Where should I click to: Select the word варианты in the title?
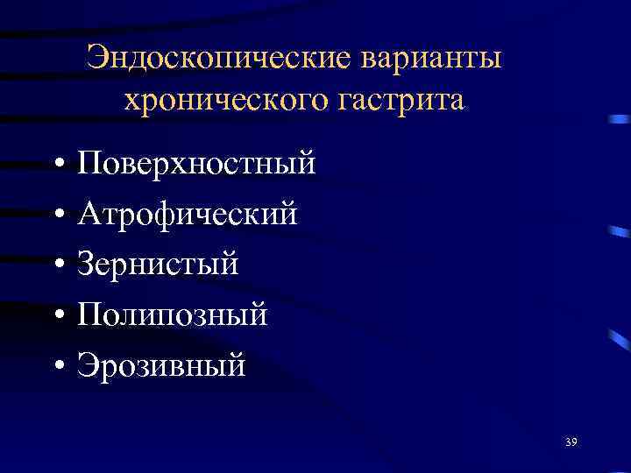pos(436,60)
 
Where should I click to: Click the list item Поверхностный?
pos(195,163)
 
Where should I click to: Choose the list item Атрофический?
pos(187,213)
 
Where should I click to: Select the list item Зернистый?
pos(157,263)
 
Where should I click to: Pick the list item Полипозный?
pos(172,313)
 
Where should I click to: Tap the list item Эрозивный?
pos(161,363)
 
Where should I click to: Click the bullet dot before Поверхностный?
pos(56,164)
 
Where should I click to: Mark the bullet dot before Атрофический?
pos(56,214)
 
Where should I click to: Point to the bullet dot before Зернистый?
pos(56,264)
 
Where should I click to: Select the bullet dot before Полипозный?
pos(56,314)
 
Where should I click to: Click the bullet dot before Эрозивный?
pos(56,364)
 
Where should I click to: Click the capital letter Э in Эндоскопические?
pos(97,59)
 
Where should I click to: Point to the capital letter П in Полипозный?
pos(89,313)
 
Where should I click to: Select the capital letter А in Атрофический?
pos(90,213)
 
